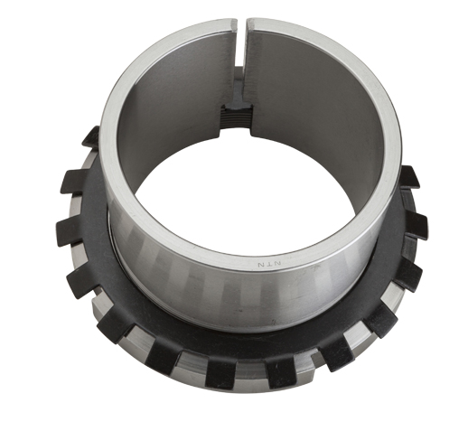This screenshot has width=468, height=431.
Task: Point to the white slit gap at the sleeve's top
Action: click(241, 42)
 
